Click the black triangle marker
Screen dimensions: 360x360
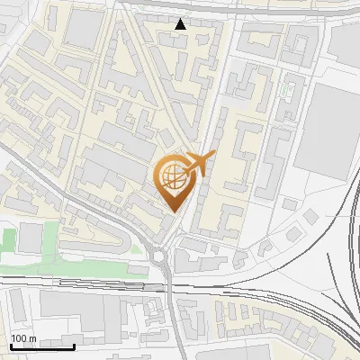pyautogui.click(x=181, y=24)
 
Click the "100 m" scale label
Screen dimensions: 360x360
pyautogui.click(x=23, y=338)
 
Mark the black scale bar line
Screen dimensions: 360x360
pyautogui.click(x=41, y=346)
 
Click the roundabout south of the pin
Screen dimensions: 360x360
pyautogui.click(x=168, y=256)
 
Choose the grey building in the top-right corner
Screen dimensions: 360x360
pyautogui.click(x=346, y=40)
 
